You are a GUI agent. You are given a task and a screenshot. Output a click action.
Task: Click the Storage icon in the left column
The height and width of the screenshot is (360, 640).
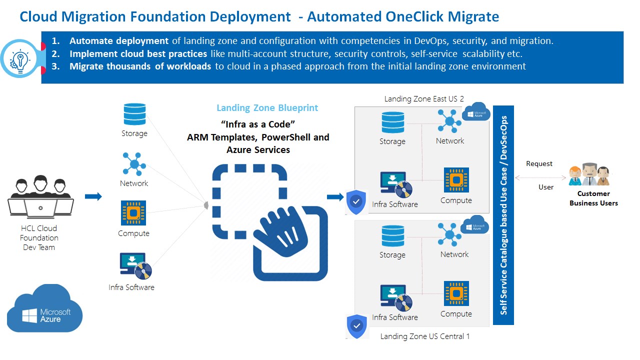(134, 114)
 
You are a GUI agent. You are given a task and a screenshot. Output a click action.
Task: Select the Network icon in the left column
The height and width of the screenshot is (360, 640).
(134, 163)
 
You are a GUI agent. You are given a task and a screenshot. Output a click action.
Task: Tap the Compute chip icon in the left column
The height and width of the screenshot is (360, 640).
(133, 213)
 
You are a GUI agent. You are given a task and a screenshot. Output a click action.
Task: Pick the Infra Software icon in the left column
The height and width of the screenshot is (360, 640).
(135, 265)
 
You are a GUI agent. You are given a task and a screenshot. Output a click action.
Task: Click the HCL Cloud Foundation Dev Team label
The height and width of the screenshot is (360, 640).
(39, 237)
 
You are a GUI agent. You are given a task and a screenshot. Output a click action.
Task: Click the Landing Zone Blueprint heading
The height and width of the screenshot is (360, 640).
(267, 107)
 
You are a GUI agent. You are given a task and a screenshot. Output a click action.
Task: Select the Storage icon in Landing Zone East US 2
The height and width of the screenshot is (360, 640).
(392, 122)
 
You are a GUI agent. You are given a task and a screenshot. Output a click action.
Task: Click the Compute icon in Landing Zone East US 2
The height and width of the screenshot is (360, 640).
(456, 180)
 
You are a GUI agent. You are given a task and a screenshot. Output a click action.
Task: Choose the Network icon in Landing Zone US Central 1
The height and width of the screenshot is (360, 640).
(449, 234)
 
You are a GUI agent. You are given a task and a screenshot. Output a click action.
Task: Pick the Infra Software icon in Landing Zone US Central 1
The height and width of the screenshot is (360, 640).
(396, 298)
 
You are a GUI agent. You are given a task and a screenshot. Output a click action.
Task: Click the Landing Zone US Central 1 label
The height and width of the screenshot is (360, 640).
(425, 336)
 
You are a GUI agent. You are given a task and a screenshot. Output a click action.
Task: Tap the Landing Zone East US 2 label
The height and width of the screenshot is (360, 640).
(424, 99)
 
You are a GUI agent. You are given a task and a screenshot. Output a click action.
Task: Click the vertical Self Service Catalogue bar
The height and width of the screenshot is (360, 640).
(503, 215)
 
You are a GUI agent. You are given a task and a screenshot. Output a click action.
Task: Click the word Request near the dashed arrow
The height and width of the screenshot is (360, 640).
(539, 163)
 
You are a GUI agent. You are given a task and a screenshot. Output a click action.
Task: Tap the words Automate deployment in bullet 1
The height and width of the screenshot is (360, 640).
(119, 41)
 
